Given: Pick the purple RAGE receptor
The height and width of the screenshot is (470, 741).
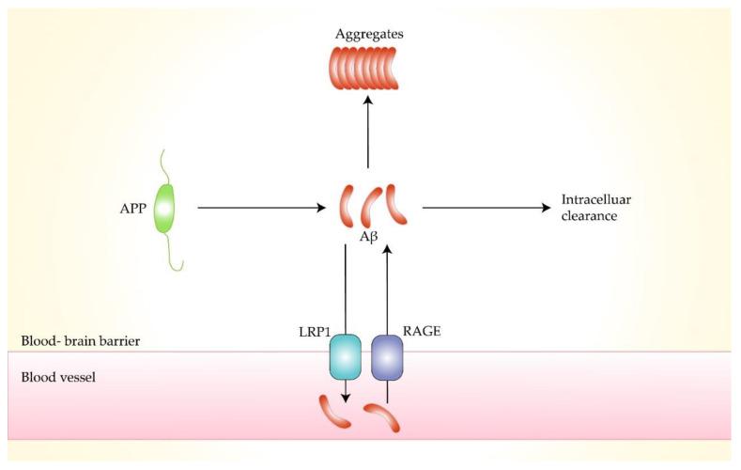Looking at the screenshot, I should [387, 358].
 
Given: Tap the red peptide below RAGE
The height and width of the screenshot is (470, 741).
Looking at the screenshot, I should [383, 415].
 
